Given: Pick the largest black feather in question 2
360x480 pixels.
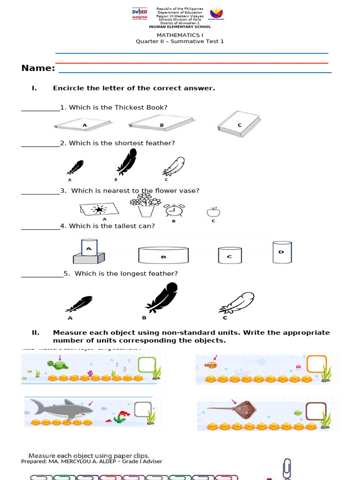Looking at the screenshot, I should (127, 162).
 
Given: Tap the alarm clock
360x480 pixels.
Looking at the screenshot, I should (173, 210).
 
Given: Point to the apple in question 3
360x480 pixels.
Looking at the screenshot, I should (213, 212).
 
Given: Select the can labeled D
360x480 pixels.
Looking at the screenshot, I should (282, 252).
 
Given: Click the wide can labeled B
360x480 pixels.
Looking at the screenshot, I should (163, 255).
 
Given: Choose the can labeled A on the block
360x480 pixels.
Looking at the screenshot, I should (89, 247).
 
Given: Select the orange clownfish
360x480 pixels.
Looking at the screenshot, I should (210, 365).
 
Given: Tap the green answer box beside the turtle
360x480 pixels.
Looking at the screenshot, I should (147, 365).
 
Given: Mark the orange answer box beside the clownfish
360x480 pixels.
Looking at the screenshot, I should (316, 364).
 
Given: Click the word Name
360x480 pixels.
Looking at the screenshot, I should (38, 68).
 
